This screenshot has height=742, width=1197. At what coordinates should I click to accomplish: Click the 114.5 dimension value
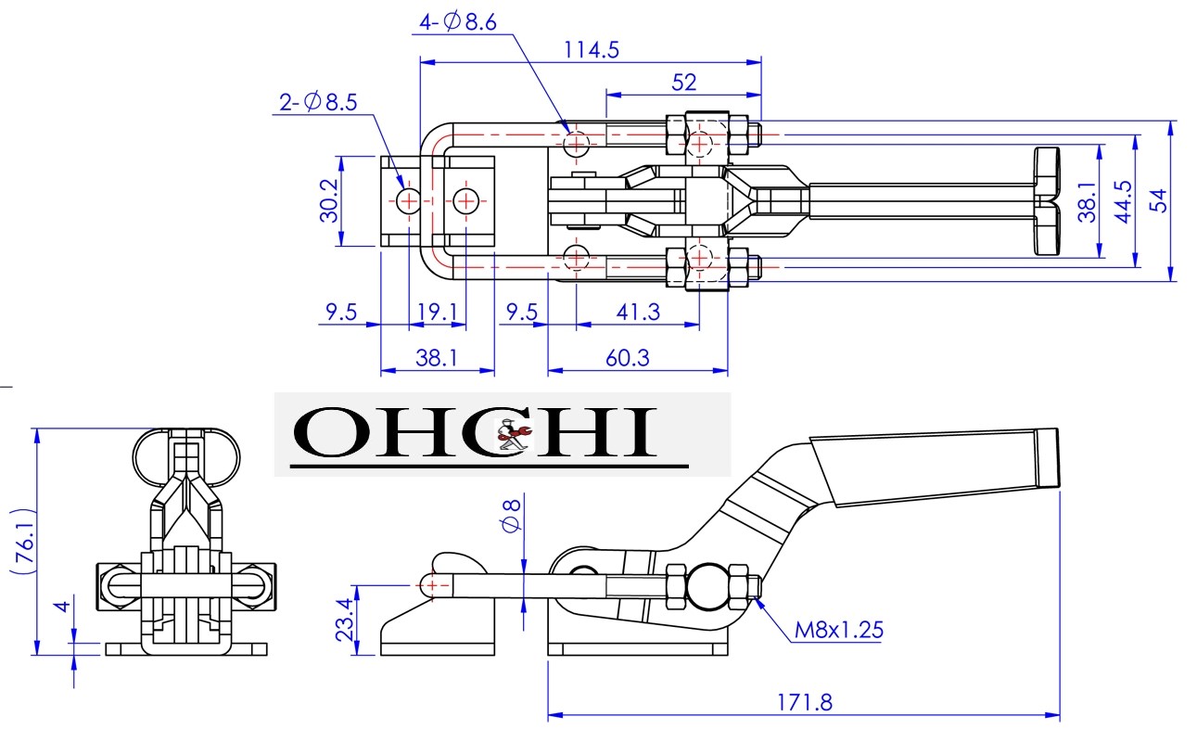591,50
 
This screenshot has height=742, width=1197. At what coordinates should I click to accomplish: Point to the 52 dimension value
683,82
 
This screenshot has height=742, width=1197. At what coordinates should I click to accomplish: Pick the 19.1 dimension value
437,312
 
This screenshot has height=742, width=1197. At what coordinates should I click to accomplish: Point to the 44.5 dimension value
1122,200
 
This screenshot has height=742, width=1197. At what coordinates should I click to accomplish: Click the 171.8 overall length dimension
804,701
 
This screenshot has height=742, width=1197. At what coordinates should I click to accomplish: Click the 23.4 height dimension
344,619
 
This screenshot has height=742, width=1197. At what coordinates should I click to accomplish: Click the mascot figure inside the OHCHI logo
512,436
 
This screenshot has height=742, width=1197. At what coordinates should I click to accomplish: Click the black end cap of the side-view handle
1047,458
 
